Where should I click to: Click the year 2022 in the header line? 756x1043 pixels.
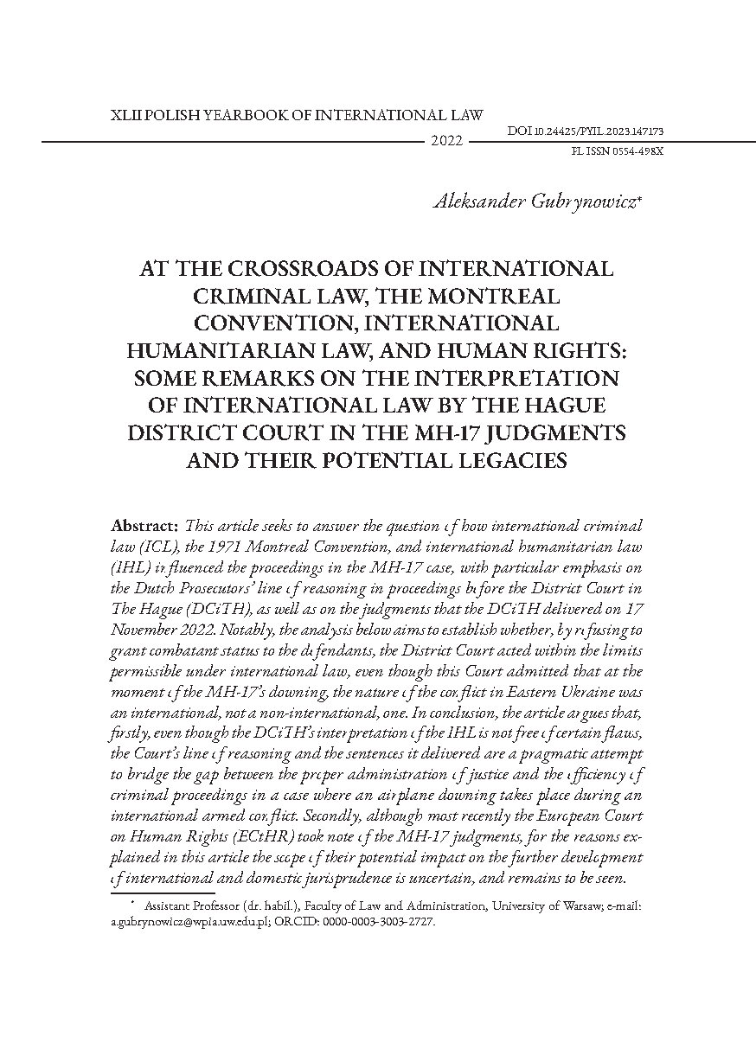tap(447, 141)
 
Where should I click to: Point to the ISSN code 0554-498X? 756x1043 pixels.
tap(634, 150)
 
